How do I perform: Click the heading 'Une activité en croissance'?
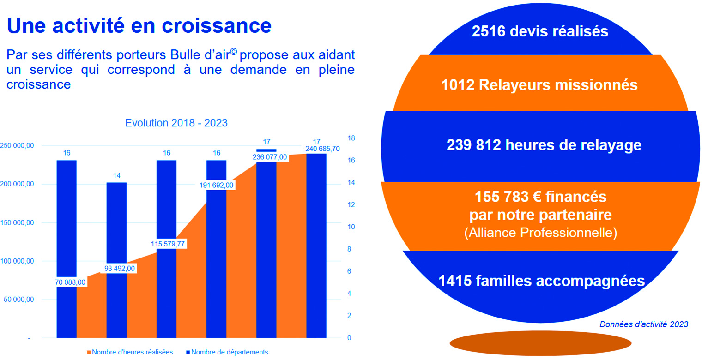(139, 26)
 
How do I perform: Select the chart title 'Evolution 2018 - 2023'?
(176, 123)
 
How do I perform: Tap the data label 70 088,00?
(70, 282)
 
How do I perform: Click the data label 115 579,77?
(169, 244)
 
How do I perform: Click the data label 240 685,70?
(322, 149)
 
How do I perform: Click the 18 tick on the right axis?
(351, 138)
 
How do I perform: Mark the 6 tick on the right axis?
(349, 271)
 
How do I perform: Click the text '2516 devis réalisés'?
(540, 32)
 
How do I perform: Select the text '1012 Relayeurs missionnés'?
(539, 85)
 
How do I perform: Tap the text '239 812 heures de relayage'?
(544, 145)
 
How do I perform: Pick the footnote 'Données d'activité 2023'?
(643, 324)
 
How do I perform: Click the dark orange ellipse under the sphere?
(540, 342)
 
